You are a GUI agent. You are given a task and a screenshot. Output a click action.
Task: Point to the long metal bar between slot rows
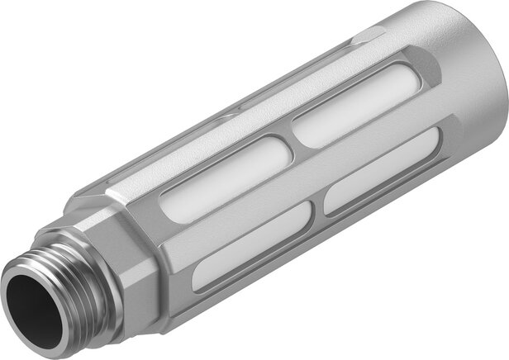click(306, 178)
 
